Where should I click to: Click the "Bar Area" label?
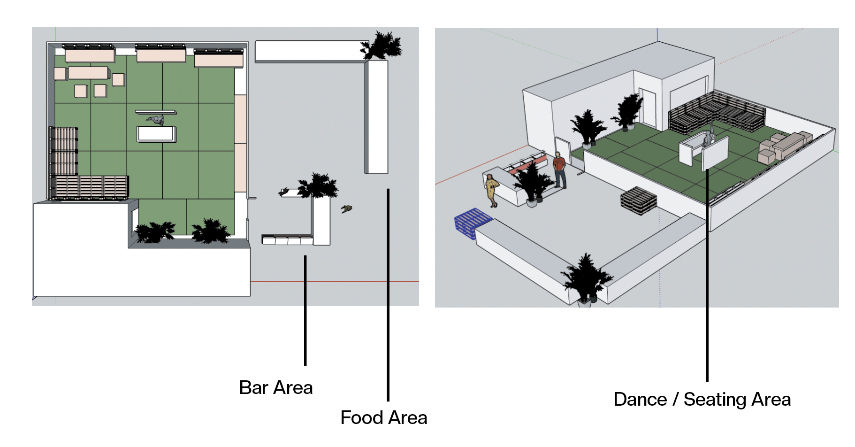click(275, 388)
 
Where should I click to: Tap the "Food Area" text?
click(383, 417)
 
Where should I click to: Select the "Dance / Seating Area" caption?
click(702, 400)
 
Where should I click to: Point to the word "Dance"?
click(640, 400)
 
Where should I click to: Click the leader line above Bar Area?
click(305, 310)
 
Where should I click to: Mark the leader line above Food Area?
click(388, 296)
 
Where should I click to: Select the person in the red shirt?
click(559, 170)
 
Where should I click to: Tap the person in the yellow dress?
click(492, 190)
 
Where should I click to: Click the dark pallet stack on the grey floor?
click(638, 200)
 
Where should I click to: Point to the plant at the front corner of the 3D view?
click(585, 279)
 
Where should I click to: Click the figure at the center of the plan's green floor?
click(156, 120)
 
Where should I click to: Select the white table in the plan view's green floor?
click(156, 134)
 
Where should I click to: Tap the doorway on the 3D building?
click(648, 108)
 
